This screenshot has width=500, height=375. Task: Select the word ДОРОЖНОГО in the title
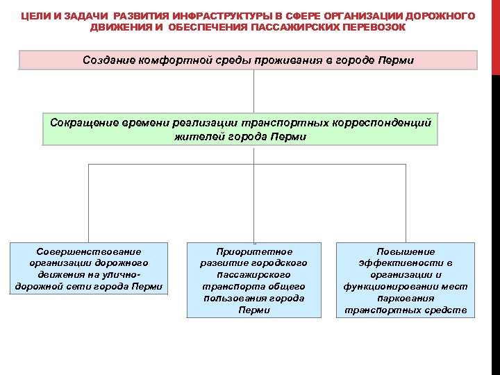pos(443,15)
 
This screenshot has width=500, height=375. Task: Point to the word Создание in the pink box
pos(108,60)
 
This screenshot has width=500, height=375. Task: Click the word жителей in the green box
pos(201,136)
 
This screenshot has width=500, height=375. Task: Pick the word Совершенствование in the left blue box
pos(89,251)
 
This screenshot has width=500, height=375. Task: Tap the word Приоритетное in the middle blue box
pos(254,251)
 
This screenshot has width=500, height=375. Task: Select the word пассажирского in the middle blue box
pos(254,274)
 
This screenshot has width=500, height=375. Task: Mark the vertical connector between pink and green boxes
pos(255,90)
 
